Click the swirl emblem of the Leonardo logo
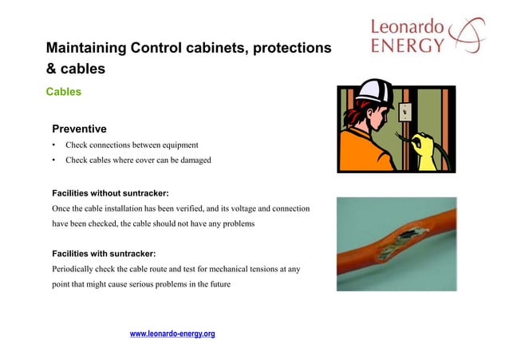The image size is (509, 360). (466, 35)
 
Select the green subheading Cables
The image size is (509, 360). (63, 92)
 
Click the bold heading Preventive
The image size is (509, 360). (79, 129)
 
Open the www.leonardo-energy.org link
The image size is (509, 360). (172, 334)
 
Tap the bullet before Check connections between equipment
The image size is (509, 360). (53, 145)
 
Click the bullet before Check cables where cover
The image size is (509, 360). (53, 160)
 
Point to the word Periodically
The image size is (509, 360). (73, 269)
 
